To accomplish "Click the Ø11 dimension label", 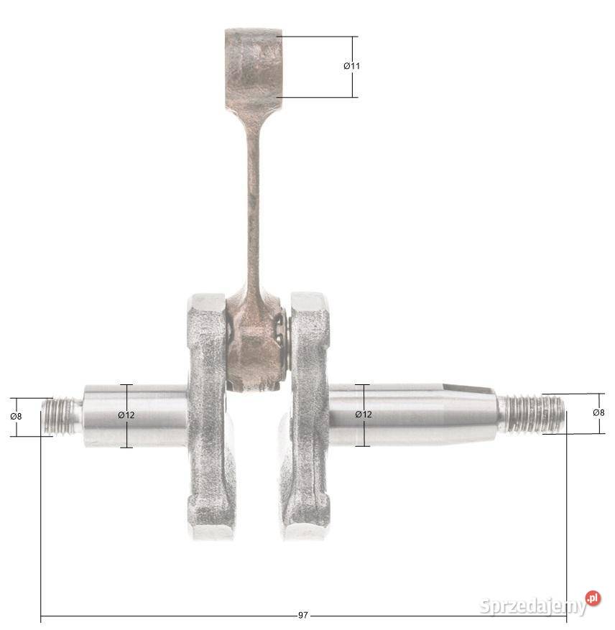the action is [352, 66].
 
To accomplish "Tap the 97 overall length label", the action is [303, 615].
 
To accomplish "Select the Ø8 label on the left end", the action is [16, 416].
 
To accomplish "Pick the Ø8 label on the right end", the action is [598, 412].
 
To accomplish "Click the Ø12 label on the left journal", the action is [126, 415].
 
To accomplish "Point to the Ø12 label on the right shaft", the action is [364, 414].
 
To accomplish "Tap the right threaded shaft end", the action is [532, 414].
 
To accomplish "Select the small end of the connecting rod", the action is [253, 68].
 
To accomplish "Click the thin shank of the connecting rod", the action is [253, 201].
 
